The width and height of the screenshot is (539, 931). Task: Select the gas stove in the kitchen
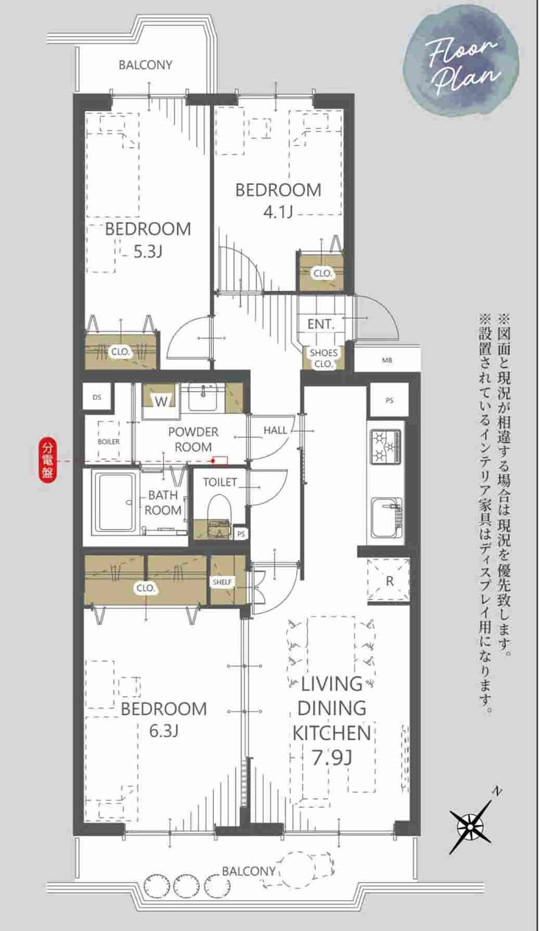[386, 446]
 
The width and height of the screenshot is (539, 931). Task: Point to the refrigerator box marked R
[389, 580]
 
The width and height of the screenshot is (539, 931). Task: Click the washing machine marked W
[161, 401]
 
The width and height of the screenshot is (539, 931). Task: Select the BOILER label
[109, 442]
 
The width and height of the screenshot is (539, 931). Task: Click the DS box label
[97, 397]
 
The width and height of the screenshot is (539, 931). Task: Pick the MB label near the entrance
[387, 360]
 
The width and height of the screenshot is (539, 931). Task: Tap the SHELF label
[222, 582]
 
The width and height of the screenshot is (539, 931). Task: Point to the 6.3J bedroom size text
[164, 731]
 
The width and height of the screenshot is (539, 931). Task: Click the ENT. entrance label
[320, 324]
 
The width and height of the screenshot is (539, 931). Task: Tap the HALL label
[275, 430]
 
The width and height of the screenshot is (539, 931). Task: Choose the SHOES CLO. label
[324, 358]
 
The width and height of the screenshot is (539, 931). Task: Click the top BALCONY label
[145, 65]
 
